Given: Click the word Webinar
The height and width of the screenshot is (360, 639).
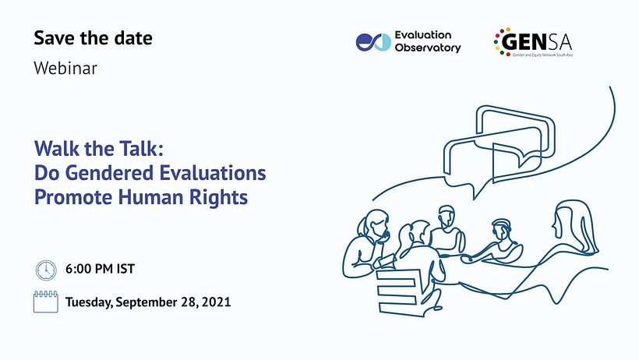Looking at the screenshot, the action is [x=65, y=68].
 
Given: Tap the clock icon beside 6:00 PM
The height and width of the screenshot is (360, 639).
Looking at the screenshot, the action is [x=46, y=270].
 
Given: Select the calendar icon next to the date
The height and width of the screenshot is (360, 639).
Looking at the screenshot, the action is [x=46, y=302].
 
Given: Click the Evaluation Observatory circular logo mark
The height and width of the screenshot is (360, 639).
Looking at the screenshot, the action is [x=373, y=42].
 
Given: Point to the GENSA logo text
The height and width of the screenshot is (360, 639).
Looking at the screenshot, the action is [x=536, y=41].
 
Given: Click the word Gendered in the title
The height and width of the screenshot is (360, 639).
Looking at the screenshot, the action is [x=110, y=174].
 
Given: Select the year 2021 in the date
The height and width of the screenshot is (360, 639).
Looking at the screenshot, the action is [x=217, y=302].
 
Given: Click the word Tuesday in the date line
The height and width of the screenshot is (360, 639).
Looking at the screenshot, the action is [x=89, y=302].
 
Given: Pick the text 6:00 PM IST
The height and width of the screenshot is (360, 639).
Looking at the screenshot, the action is [x=101, y=269].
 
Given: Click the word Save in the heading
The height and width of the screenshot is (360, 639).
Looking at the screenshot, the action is [x=55, y=38].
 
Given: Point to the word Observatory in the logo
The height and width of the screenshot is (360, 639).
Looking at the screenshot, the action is [x=428, y=48].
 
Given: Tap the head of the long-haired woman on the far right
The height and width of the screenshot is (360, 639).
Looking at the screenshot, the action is [x=570, y=221].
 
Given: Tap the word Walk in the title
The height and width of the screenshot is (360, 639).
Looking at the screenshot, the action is [x=56, y=148].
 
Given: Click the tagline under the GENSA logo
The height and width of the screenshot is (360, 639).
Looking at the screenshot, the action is [x=542, y=55].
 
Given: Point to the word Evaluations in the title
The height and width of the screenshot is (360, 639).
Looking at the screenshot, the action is [x=212, y=173].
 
